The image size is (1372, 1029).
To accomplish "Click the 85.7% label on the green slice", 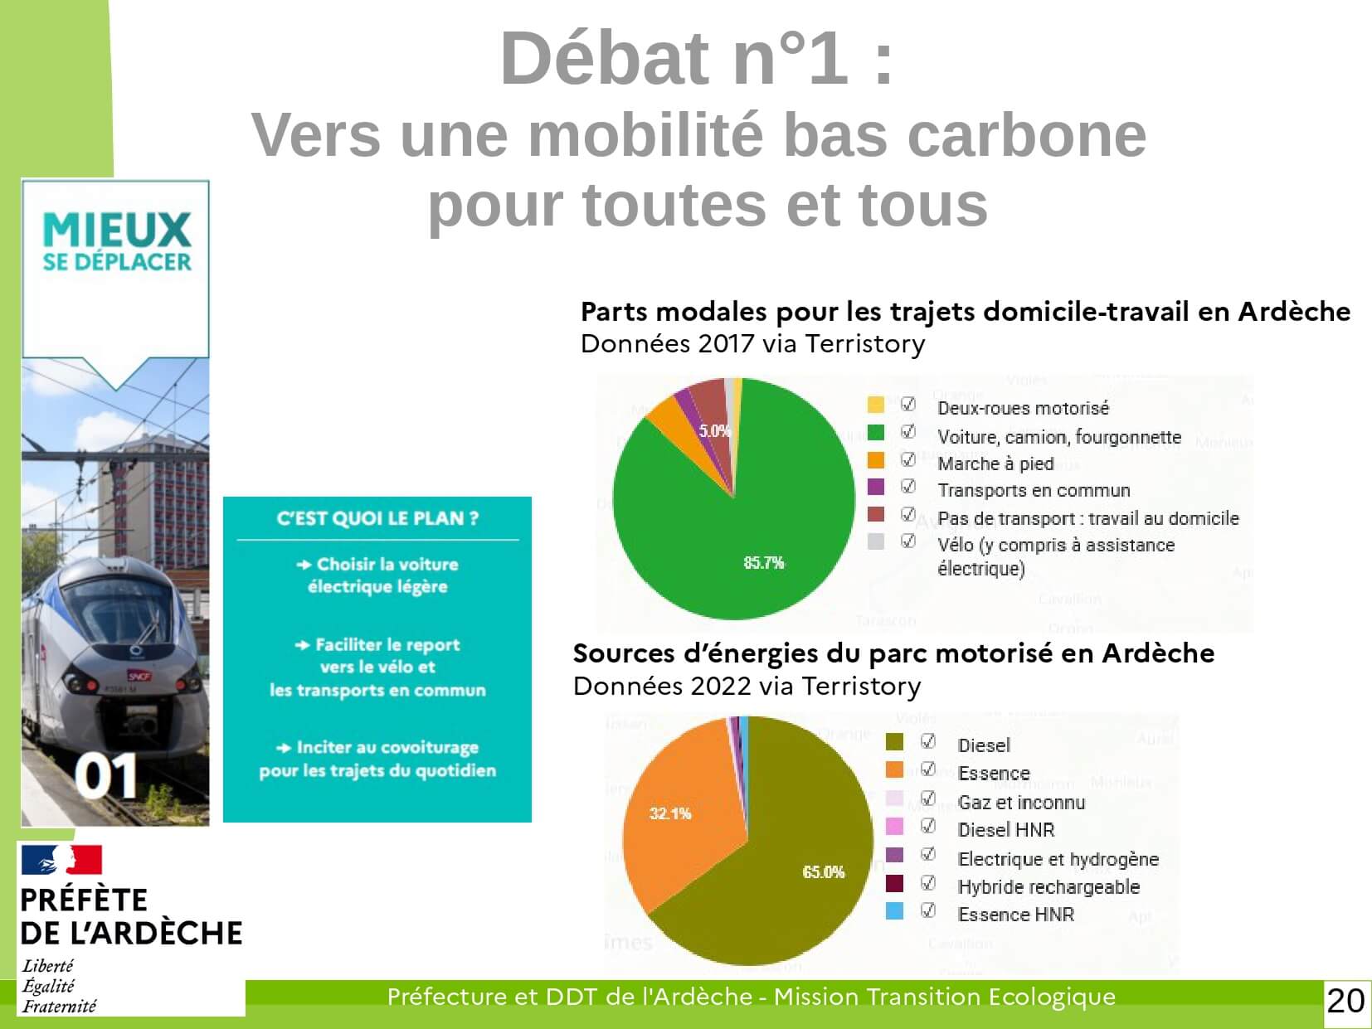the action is (x=763, y=562).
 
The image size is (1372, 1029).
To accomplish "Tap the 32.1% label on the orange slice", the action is (x=670, y=813).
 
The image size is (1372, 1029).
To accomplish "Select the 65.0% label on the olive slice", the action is (x=823, y=871).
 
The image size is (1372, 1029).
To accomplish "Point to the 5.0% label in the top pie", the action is (x=714, y=430).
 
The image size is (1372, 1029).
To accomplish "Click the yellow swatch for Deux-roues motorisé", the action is (x=876, y=405).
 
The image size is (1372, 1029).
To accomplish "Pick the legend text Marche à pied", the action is (x=995, y=464).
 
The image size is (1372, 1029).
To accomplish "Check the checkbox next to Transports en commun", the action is (x=908, y=486).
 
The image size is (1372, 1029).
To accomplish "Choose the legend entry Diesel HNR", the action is (x=1005, y=830).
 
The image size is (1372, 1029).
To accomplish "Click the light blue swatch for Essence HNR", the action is (x=894, y=911).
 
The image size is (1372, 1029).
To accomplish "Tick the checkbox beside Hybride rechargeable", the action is (x=928, y=883).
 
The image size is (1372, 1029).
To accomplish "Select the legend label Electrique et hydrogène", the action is (x=1058, y=859).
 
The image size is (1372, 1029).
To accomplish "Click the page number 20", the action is (x=1345, y=1002).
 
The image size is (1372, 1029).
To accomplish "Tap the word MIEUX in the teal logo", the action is (x=117, y=231).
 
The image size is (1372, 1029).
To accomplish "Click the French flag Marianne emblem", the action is (x=61, y=859).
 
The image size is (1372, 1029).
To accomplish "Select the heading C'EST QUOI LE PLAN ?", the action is (x=377, y=518).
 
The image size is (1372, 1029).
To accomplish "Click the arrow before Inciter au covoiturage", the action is (x=284, y=748).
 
